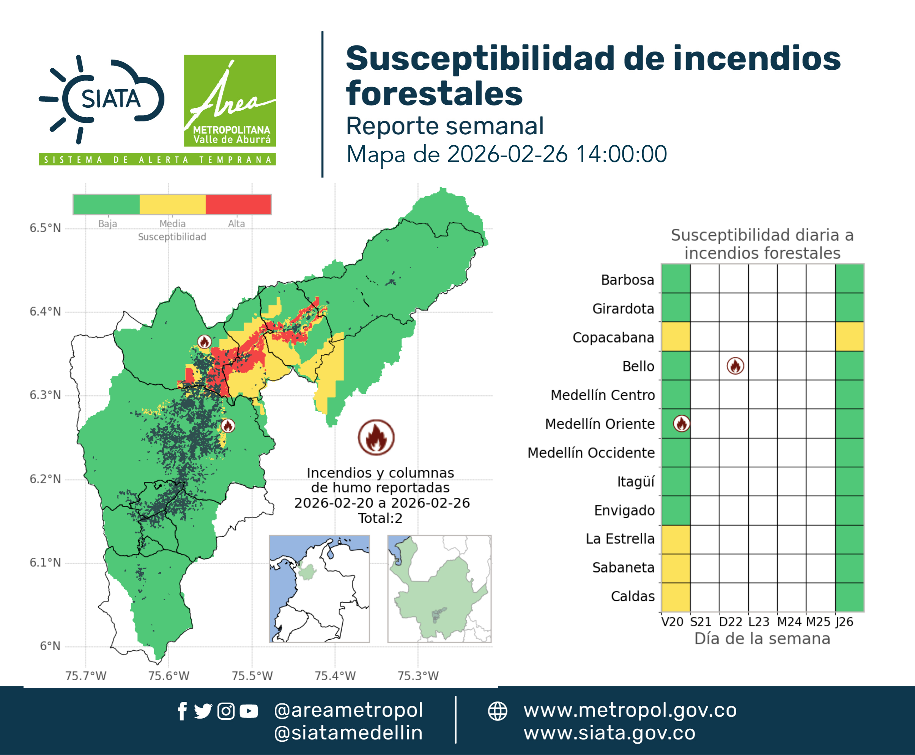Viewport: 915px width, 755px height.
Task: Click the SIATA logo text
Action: (x=111, y=99)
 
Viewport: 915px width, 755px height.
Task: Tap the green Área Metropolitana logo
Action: (x=230, y=101)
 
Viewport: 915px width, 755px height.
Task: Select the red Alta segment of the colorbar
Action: (x=238, y=204)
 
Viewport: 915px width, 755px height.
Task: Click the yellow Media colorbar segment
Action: (x=172, y=204)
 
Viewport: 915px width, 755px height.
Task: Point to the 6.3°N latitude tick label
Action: (x=45, y=395)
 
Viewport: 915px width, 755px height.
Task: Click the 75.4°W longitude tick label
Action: (x=335, y=675)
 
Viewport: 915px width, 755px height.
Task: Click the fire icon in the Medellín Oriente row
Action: (x=681, y=423)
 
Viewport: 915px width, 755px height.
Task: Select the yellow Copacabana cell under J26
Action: (x=849, y=336)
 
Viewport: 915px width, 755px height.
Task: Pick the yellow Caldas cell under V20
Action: (x=676, y=597)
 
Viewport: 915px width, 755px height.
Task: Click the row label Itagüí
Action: (x=636, y=481)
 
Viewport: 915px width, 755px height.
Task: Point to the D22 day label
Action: (x=731, y=622)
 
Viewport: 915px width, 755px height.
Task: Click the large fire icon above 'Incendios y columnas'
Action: (x=376, y=437)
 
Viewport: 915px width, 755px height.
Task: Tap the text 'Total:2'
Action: (x=380, y=518)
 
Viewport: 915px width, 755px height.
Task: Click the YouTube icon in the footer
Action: (x=249, y=711)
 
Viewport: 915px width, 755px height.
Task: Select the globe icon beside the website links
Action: (x=497, y=711)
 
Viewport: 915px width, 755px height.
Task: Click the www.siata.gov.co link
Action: (x=609, y=733)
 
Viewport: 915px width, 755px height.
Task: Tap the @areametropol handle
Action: (x=348, y=710)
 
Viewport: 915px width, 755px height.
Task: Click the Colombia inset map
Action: (x=319, y=589)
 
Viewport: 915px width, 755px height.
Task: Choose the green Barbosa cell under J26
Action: (x=849, y=278)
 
